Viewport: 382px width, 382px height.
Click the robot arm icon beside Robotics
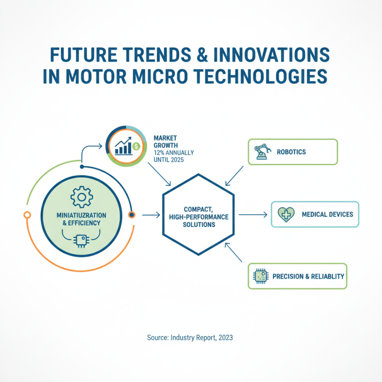[x=261, y=152]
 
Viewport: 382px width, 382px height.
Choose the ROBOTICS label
[x=291, y=152]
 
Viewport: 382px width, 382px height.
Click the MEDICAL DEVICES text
[x=328, y=214]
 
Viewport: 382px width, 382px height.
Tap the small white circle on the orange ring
[x=27, y=215]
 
